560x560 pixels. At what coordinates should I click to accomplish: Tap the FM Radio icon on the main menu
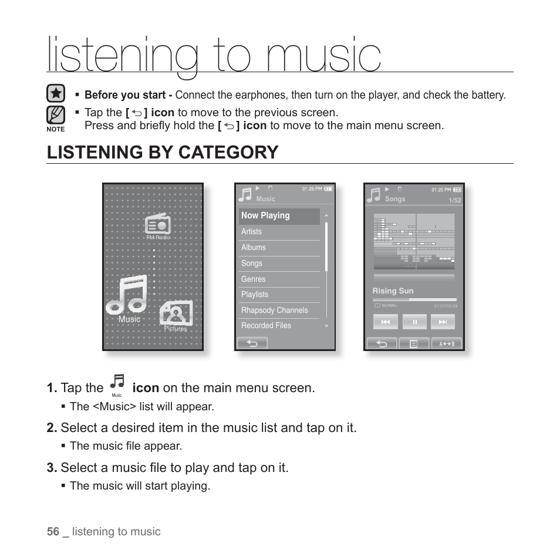click(x=157, y=225)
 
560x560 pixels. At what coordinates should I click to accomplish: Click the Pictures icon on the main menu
click(x=176, y=314)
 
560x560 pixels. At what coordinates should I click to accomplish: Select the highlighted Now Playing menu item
click(x=279, y=216)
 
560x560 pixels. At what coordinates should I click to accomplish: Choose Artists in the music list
click(x=279, y=232)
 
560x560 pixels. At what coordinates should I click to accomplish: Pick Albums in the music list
click(x=279, y=248)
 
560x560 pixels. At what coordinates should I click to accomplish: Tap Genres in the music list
click(x=279, y=279)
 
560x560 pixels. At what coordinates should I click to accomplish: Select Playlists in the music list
click(x=279, y=295)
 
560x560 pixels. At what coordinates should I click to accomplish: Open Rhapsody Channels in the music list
click(x=279, y=311)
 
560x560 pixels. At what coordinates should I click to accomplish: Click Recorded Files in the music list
click(x=279, y=326)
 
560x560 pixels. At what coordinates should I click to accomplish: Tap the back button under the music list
click(x=252, y=343)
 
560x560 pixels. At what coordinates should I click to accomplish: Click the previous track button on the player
click(x=386, y=322)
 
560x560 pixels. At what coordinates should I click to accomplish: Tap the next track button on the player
click(x=443, y=322)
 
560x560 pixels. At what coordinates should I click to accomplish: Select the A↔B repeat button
click(x=447, y=343)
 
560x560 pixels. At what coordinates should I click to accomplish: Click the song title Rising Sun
click(x=393, y=291)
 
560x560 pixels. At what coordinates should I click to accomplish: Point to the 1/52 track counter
click(x=455, y=201)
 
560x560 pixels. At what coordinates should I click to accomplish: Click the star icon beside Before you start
click(x=55, y=94)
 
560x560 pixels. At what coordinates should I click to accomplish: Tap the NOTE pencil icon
click(x=55, y=114)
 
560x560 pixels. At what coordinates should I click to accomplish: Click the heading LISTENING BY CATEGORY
click(x=163, y=152)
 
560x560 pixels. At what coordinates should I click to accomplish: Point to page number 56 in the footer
click(x=53, y=531)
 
